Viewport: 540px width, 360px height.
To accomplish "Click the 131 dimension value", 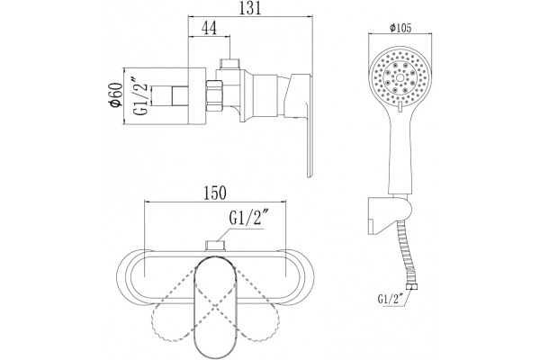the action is [x=250, y=7].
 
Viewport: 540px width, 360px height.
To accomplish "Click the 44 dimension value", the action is [x=209, y=28].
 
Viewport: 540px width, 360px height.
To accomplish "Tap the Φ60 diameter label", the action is [x=115, y=95].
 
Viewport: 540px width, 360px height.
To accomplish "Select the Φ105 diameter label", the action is [x=400, y=28].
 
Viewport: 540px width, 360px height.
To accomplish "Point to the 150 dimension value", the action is [x=215, y=193].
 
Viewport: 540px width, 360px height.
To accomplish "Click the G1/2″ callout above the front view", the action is [x=248, y=218].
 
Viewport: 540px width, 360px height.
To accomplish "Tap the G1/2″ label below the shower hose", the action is [x=391, y=299].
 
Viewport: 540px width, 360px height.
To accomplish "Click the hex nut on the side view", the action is [x=214, y=95].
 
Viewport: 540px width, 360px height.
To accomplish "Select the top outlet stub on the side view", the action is [x=230, y=65].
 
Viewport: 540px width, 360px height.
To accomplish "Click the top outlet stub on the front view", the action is [x=215, y=246].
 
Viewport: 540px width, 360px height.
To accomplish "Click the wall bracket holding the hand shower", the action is [x=389, y=214].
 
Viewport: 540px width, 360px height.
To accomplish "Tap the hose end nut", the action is [x=410, y=287].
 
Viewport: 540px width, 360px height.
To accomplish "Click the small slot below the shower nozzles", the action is [x=400, y=107].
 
